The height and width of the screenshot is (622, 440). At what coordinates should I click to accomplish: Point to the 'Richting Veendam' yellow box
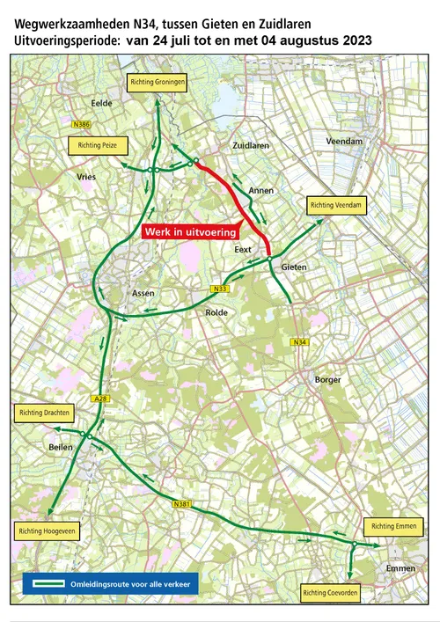pyautogui.click(x=335, y=205)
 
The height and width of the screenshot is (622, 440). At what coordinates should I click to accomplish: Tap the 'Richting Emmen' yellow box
pyautogui.click(x=394, y=526)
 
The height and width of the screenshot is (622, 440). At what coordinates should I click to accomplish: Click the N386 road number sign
pyautogui.click(x=82, y=125)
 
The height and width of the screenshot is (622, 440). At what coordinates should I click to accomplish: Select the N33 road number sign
pyautogui.click(x=219, y=289)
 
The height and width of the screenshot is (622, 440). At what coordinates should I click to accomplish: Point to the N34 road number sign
pyautogui.click(x=300, y=342)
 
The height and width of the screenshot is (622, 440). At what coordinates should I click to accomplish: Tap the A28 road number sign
pyautogui.click(x=102, y=398)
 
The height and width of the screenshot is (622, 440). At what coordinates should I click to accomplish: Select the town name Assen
pyautogui.click(x=143, y=293)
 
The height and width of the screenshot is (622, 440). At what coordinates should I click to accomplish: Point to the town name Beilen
pyautogui.click(x=61, y=448)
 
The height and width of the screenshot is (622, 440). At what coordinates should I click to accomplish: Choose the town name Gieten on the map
pyautogui.click(x=294, y=267)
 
